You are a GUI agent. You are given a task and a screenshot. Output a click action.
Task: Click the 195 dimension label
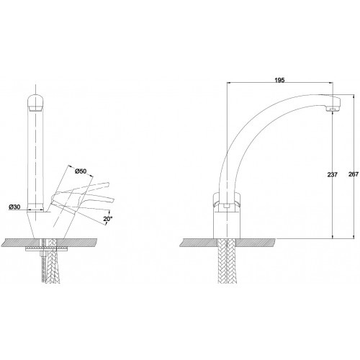tap(279, 80)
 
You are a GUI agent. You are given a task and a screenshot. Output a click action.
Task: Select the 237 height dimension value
tap(333, 174)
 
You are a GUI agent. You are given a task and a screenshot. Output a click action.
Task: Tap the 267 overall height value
tap(354, 174)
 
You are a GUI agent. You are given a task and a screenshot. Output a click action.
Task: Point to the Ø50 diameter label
tap(81, 171)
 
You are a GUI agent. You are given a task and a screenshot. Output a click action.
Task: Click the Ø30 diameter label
tap(14, 207)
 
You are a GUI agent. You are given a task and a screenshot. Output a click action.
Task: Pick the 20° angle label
tap(108, 219)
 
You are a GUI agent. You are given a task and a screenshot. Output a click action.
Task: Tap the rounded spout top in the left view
tap(36, 103)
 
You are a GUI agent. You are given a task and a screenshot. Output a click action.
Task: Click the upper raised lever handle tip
tap(107, 184)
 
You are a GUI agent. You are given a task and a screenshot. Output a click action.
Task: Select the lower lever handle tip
tap(112, 200)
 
